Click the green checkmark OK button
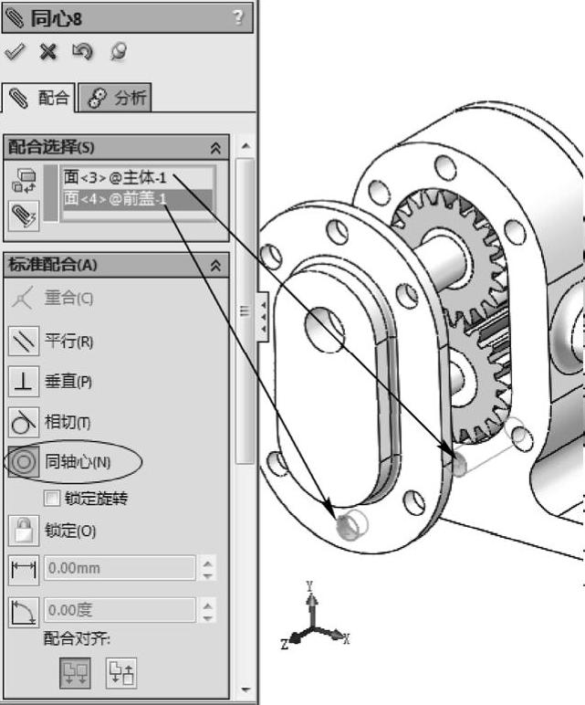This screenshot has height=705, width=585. (x=15, y=52)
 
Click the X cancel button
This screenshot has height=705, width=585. (x=48, y=52)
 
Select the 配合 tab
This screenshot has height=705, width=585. (x=38, y=98)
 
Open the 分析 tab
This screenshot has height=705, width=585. (x=115, y=98)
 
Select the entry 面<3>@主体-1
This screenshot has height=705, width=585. (x=115, y=177)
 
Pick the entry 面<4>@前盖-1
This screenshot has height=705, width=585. (x=115, y=198)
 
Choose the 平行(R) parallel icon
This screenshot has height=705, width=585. (x=24, y=342)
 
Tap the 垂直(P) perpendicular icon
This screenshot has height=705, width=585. (x=24, y=382)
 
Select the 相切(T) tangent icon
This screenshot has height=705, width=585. (x=24, y=422)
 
